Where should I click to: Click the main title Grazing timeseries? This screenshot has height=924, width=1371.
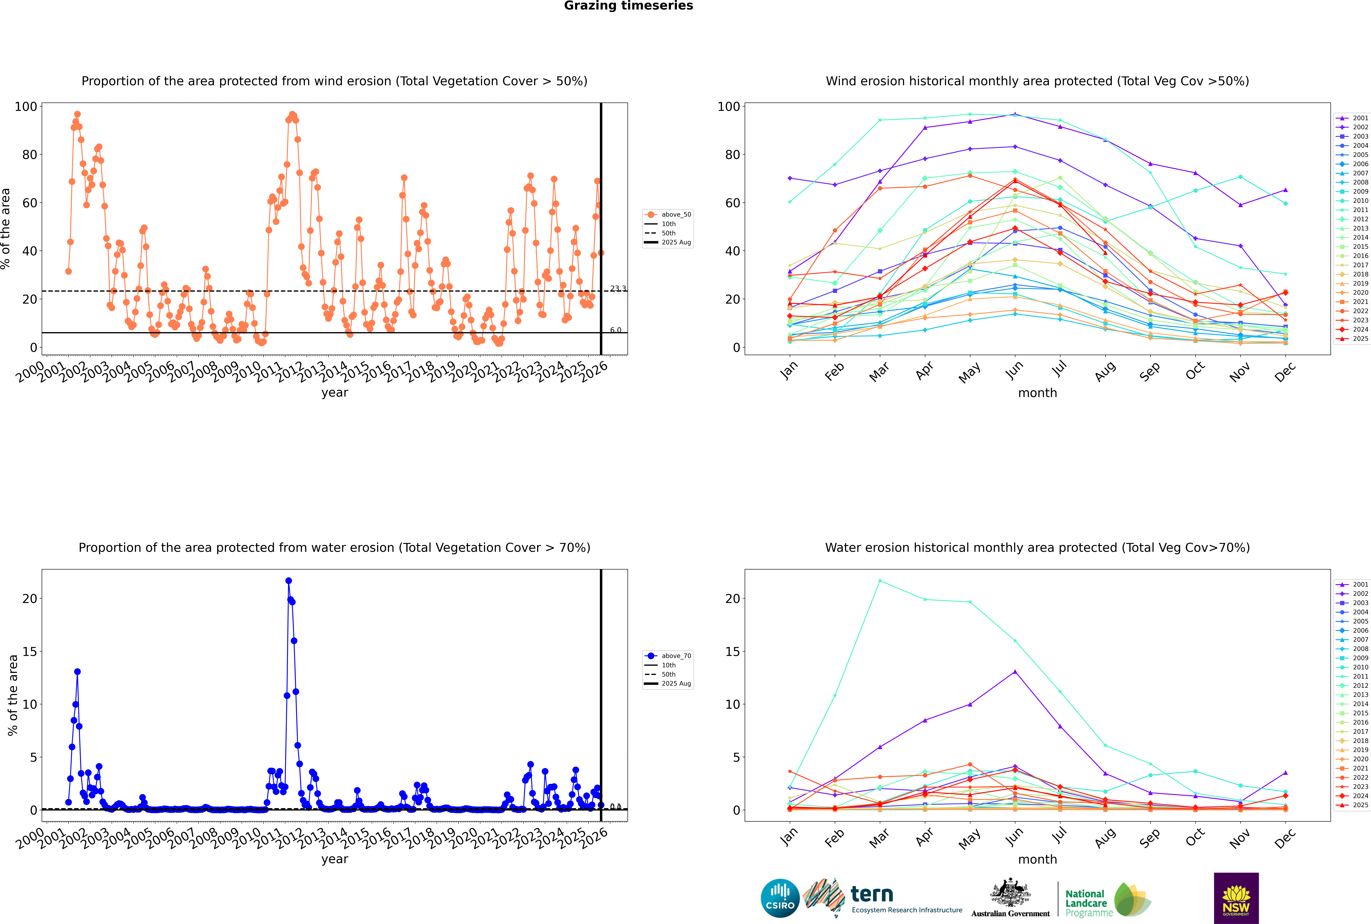[628, 6]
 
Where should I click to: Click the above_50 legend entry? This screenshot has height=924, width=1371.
[668, 215]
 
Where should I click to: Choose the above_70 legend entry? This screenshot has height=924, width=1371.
[668, 656]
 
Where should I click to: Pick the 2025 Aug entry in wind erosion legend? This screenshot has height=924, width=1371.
[668, 242]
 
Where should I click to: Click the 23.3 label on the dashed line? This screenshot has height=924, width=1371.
[618, 288]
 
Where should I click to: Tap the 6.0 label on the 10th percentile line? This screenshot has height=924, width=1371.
[615, 330]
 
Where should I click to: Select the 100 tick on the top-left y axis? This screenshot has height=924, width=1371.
[26, 107]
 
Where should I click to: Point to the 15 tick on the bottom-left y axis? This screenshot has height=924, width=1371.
[29, 651]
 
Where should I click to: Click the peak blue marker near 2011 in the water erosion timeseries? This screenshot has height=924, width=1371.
[288, 580]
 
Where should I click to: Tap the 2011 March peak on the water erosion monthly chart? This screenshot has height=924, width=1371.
[880, 580]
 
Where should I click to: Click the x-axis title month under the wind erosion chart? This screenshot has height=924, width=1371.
[1037, 393]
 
